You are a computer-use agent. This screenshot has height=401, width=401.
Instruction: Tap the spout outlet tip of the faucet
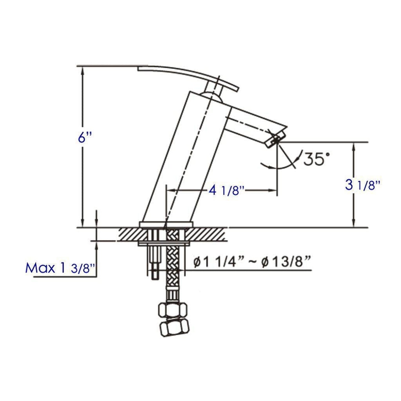tap(275, 140)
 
